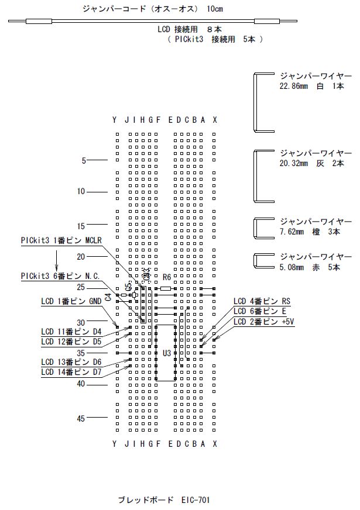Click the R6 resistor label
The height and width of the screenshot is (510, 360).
167,277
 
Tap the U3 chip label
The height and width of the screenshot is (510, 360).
167,353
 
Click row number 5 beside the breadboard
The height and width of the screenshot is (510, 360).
84,160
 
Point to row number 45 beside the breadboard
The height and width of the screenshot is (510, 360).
81,418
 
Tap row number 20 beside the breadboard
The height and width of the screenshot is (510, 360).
81,256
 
